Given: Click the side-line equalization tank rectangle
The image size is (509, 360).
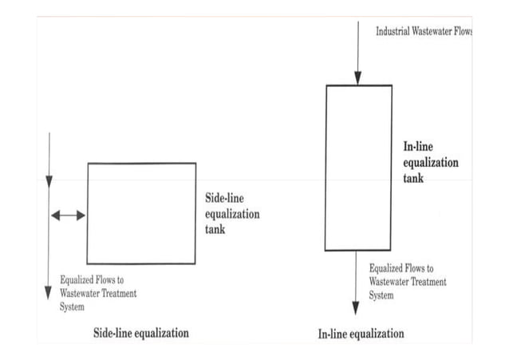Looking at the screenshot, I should tap(141, 213).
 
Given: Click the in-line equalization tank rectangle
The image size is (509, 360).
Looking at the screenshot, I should tap(358, 167).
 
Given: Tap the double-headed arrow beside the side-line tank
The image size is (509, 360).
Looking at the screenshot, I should tap(68, 215).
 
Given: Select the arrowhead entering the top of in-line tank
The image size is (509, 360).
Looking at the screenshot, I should tap(358, 77).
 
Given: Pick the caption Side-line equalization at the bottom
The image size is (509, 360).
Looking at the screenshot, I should tap(141, 332).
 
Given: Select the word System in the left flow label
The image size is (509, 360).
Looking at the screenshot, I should tap(73, 307).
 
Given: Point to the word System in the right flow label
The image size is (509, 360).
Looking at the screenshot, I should tap(381, 295).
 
